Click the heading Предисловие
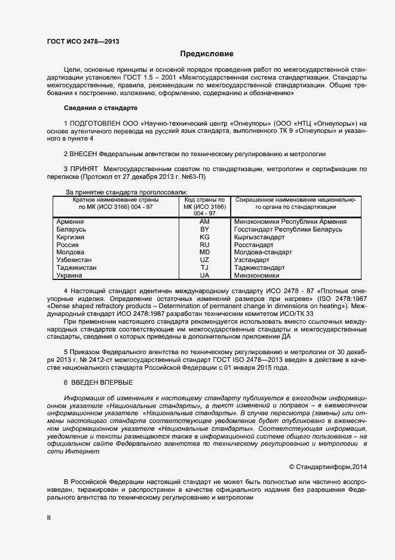click(x=207, y=54)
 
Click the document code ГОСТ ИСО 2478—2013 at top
click(x=87, y=41)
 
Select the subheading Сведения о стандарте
click(x=100, y=108)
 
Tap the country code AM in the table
click(x=204, y=221)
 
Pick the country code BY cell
click(x=204, y=229)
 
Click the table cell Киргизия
click(x=70, y=237)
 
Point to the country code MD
click(x=204, y=252)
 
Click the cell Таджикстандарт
click(x=260, y=268)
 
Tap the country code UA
click(x=204, y=276)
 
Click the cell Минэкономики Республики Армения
click(x=291, y=221)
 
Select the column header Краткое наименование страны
click(x=113, y=200)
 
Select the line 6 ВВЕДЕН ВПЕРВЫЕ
click(x=98, y=382)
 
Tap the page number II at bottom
click(x=49, y=518)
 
